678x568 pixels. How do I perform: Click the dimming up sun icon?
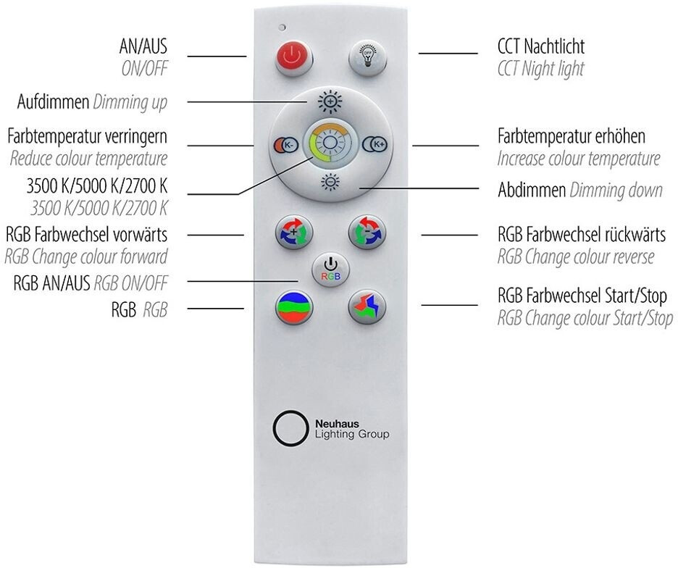pos(330,101)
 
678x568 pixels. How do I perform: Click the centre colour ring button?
pos(329,143)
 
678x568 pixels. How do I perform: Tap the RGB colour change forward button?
pos(294,234)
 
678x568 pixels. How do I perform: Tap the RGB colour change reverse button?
pos(366,234)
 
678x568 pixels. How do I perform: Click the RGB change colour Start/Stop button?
pos(366,309)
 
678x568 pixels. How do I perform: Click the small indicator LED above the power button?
pos(281,28)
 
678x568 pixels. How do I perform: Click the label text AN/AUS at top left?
pos(143,48)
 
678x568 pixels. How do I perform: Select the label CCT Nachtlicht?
pos(541,48)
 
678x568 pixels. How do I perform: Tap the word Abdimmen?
pos(531,191)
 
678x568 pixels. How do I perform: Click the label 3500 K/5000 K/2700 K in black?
pos(97,185)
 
